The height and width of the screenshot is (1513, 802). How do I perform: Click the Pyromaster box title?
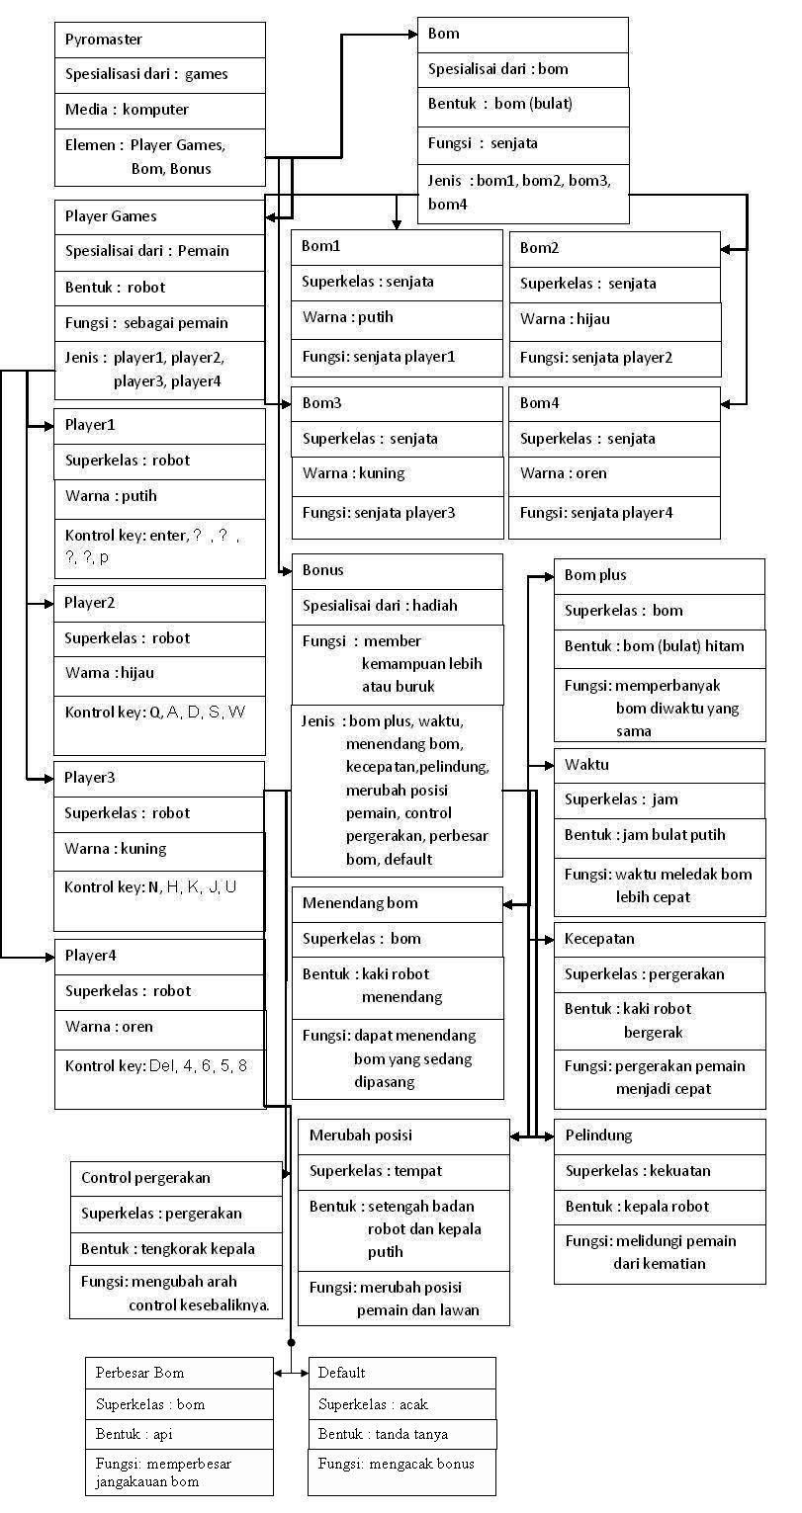tap(104, 40)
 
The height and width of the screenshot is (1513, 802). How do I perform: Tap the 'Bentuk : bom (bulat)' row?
tap(500, 104)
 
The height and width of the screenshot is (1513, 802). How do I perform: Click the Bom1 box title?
tap(321, 246)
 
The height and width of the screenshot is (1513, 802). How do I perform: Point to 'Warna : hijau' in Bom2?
tap(565, 319)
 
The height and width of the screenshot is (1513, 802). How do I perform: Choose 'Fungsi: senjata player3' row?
tap(379, 513)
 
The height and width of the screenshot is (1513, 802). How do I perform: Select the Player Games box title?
tap(111, 216)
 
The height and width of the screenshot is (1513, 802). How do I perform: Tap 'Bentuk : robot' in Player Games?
tap(115, 288)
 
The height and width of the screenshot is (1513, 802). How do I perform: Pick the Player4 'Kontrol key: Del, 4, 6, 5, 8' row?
tap(156, 1066)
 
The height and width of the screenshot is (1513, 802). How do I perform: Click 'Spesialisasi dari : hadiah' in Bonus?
tap(380, 606)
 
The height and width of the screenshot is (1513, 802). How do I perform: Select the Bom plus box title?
tap(595, 575)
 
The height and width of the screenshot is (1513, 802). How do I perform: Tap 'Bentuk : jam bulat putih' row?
tap(645, 835)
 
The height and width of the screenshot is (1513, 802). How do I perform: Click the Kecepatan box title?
tap(599, 938)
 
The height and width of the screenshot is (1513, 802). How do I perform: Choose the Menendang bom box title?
tap(360, 903)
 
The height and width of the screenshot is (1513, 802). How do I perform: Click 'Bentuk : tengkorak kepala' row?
tap(168, 1249)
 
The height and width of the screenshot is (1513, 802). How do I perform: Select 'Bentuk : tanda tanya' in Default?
tap(383, 1434)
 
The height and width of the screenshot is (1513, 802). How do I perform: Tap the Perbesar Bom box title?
tap(139, 1373)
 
